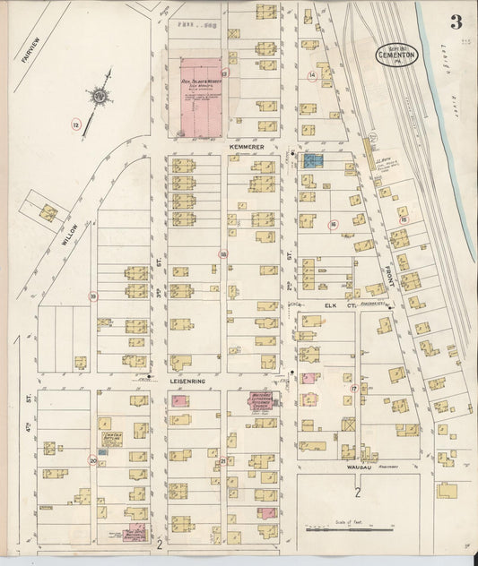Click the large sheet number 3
coord(456,21)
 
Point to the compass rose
coord(100,94)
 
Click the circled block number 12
coord(76,124)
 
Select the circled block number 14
coord(312,76)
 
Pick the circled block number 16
coord(333,225)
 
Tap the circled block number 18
coord(223,254)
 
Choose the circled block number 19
coord(92,296)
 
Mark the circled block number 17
coord(353,389)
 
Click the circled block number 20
coord(92,461)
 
